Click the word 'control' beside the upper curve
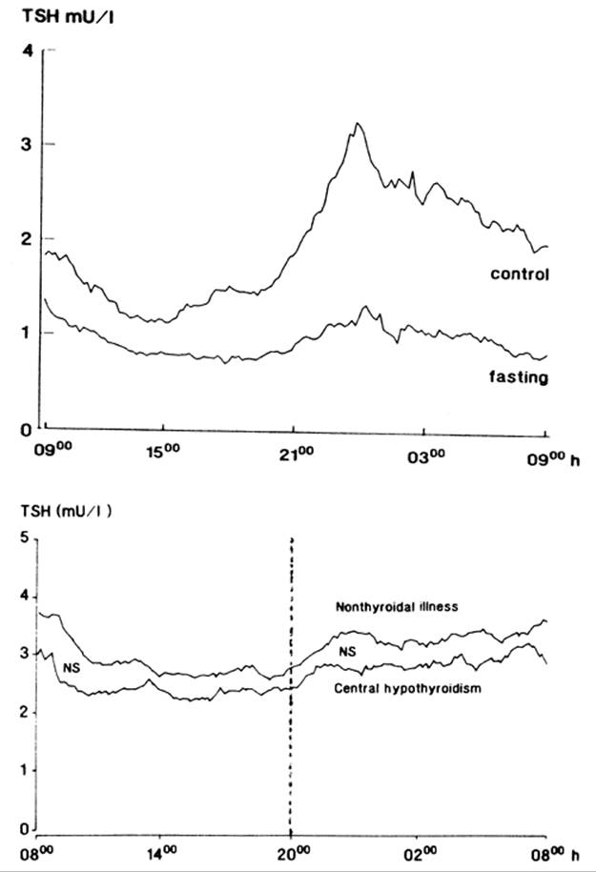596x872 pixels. [521, 274]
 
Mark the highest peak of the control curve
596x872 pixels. [357, 124]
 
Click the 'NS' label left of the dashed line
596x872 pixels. [69, 667]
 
